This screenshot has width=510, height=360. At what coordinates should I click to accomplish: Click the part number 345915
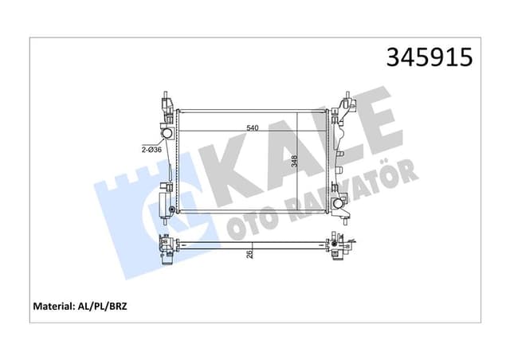coord(429,58)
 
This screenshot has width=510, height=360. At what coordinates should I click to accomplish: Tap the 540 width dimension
coord(252,127)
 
